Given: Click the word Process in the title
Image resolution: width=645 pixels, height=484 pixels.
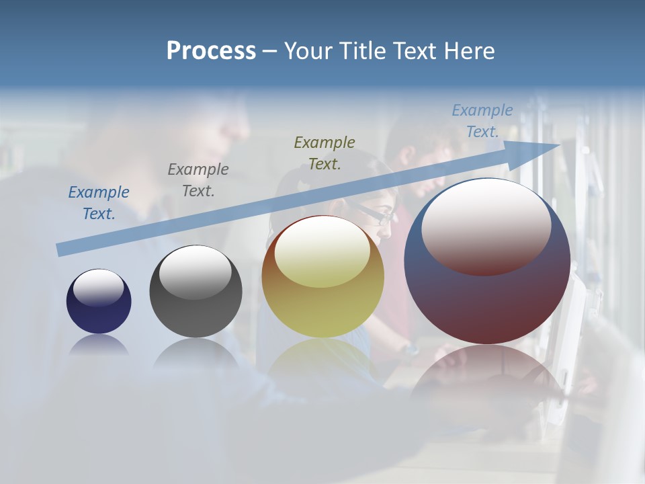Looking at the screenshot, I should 211,51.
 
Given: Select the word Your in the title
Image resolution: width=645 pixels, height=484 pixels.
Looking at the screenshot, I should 307,51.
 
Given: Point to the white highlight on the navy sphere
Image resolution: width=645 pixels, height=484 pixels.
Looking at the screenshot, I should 98,288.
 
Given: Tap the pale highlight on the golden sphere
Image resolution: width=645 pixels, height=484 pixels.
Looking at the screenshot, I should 322,253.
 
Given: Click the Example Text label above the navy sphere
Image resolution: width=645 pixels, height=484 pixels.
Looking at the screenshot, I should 99,203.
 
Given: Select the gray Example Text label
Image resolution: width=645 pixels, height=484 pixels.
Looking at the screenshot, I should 198,180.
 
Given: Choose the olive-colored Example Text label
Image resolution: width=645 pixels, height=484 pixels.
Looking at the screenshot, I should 325,153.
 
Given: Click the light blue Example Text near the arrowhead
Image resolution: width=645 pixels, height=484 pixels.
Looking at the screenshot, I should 482,121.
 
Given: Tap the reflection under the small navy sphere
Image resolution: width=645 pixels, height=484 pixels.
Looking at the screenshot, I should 99,344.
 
